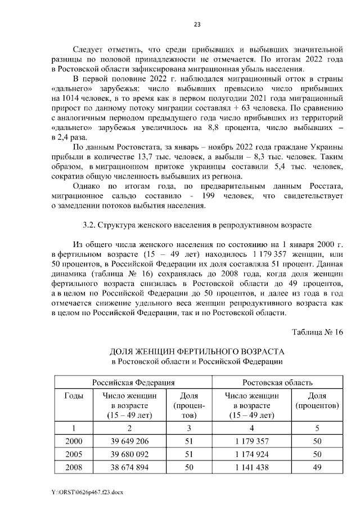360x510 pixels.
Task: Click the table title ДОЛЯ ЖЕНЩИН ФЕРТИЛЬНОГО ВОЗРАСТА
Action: pyautogui.click(x=196, y=351)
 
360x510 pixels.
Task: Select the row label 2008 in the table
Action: pyautogui.click(x=74, y=467)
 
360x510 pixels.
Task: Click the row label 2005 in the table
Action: pyautogui.click(x=74, y=454)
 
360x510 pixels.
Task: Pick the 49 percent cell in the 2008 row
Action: pyautogui.click(x=317, y=467)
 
